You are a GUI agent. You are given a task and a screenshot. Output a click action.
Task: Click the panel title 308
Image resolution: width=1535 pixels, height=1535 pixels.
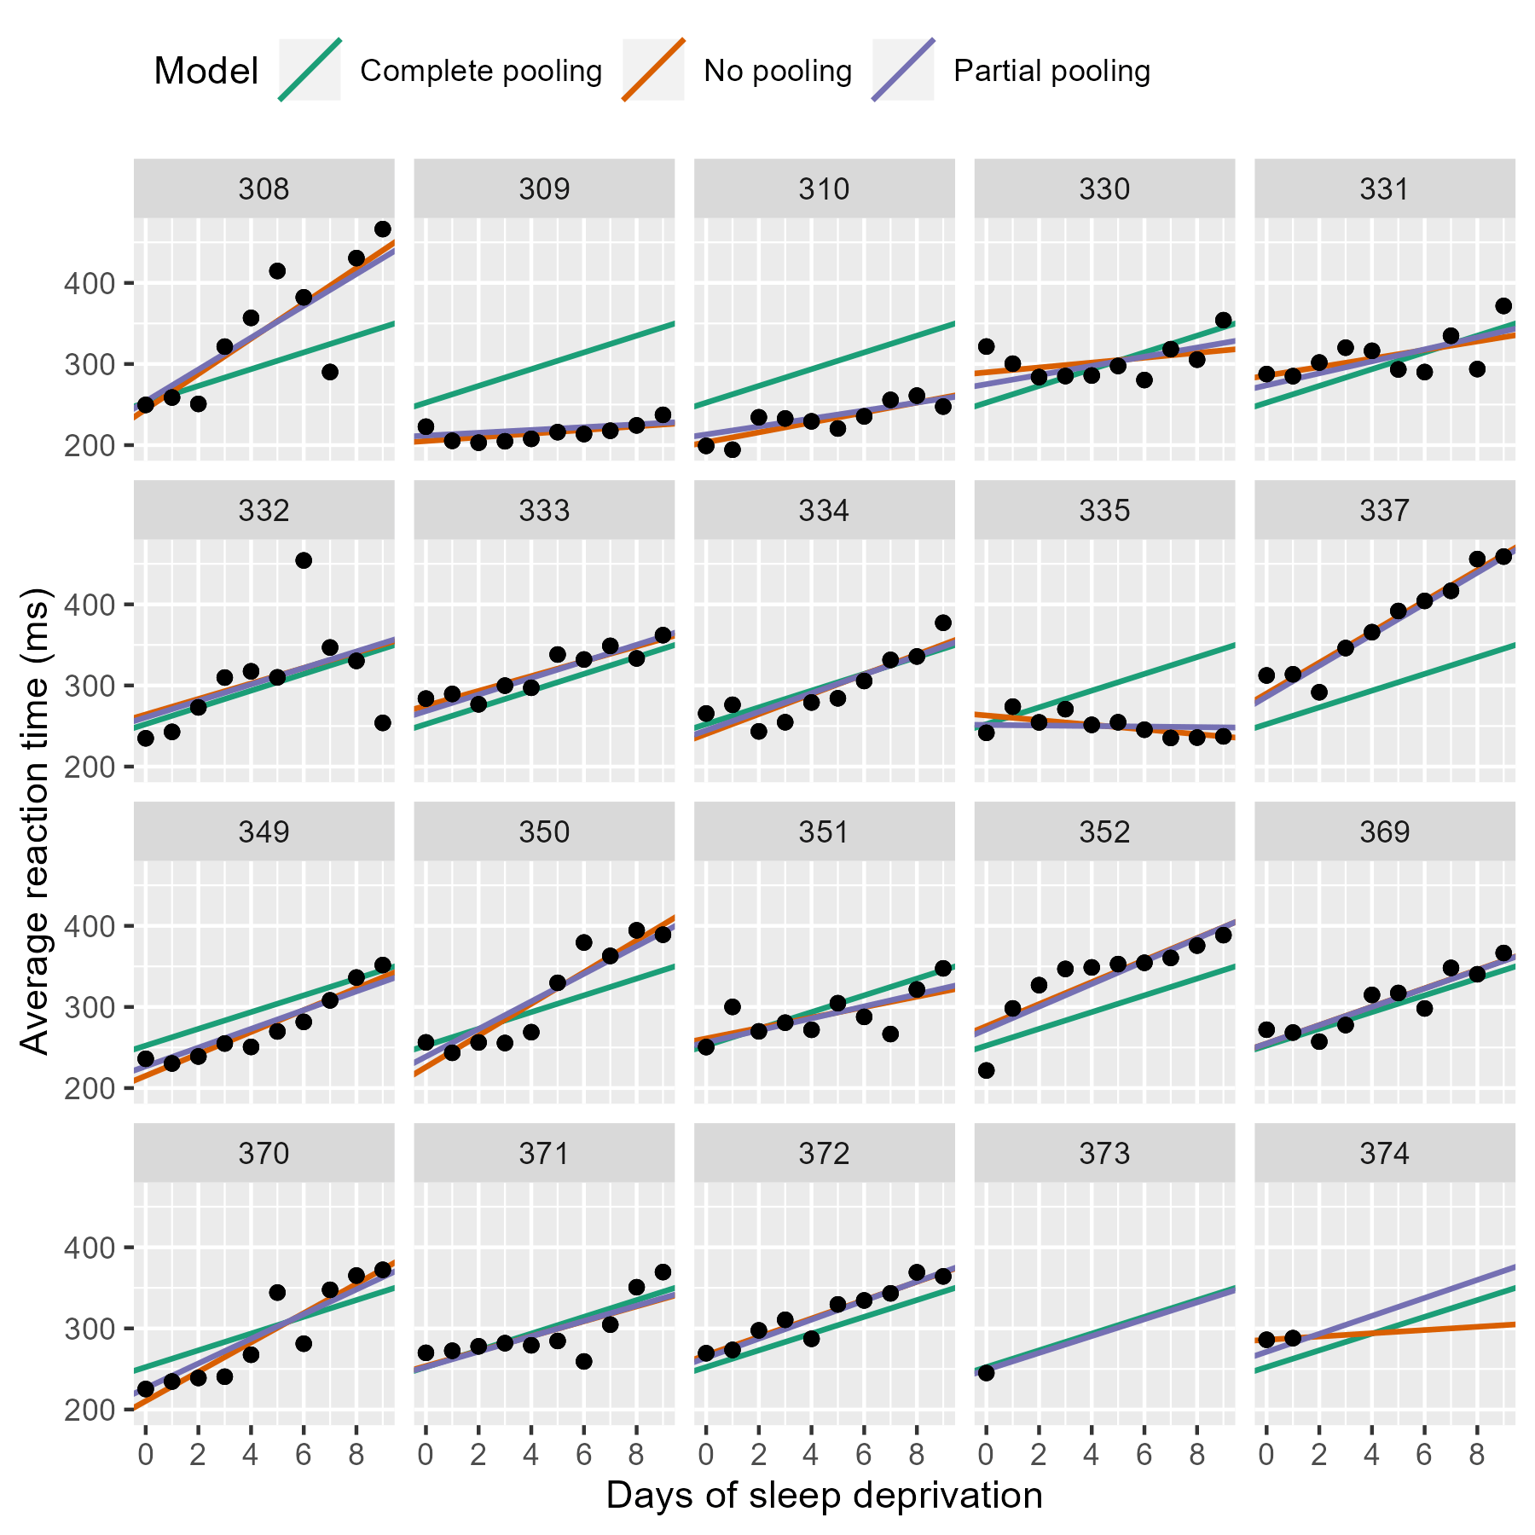[264, 188]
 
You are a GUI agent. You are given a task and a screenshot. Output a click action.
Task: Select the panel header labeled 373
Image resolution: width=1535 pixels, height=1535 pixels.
[1103, 1154]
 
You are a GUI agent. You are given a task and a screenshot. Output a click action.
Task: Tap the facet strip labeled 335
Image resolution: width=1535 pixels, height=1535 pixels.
[1103, 511]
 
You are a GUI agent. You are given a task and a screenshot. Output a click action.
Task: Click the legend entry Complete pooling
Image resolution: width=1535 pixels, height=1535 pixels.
[480, 71]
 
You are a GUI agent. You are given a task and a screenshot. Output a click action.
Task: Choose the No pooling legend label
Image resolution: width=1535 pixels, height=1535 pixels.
[777, 71]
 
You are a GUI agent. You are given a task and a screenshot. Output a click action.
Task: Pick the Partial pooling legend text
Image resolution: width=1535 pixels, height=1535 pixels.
[1051, 71]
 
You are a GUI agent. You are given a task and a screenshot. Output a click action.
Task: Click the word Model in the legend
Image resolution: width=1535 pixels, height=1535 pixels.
[206, 71]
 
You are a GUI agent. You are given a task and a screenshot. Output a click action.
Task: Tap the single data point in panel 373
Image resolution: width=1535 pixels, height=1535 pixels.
[986, 1372]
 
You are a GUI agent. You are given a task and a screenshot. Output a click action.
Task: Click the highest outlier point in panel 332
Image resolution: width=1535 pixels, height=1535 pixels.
[304, 560]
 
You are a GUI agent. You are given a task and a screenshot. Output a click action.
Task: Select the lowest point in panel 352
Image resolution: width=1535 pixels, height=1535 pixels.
[986, 1070]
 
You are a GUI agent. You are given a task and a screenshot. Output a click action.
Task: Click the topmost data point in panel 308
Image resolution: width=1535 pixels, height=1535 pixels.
[383, 229]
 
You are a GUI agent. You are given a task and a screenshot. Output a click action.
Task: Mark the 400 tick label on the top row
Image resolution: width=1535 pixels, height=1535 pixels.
[88, 283]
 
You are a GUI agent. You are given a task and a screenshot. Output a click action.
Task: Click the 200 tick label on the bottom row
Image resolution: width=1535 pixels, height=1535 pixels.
[88, 1410]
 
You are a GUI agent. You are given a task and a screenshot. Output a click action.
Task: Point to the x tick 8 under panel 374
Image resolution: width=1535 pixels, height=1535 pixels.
[1477, 1454]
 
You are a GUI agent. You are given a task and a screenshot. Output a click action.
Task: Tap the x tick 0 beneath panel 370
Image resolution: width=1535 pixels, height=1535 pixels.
[146, 1454]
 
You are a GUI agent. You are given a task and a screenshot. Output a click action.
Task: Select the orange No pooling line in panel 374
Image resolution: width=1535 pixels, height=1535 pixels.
[1450, 1327]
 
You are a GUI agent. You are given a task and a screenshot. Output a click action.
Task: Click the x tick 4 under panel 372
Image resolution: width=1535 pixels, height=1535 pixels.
[811, 1454]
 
